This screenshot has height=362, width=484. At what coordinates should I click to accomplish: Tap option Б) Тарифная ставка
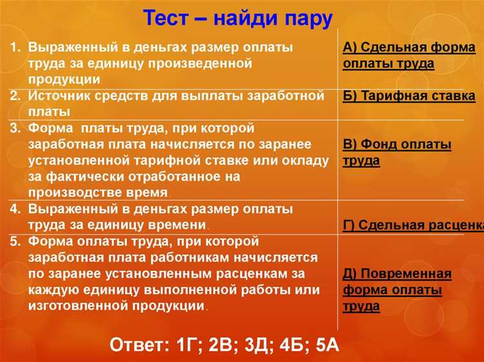coord(409,97)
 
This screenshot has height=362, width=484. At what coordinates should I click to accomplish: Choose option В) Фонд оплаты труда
coord(397,153)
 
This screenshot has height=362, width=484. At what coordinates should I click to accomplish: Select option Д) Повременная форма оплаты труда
coord(397,290)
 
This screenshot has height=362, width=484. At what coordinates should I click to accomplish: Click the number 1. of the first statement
coord(16,48)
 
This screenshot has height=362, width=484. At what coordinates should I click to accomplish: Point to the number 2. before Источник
coord(16,96)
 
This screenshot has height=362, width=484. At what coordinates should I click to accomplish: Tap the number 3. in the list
coord(16,128)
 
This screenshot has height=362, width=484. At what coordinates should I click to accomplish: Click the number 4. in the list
coord(16,209)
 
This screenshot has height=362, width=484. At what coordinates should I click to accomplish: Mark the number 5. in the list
coord(16,241)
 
